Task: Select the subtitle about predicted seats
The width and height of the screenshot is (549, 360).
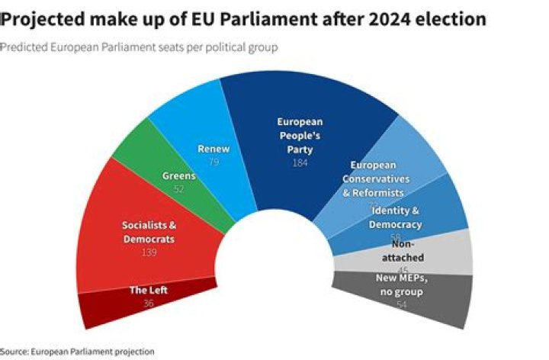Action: click(139, 47)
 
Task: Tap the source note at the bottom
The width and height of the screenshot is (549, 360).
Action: click(77, 352)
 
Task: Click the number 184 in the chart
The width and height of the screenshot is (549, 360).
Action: click(300, 162)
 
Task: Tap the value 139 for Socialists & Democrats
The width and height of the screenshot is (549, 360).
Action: click(149, 252)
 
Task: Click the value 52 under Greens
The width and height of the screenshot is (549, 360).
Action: click(179, 188)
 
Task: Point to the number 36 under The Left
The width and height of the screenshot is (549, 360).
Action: click(149, 304)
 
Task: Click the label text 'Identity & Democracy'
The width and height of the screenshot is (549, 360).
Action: click(395, 217)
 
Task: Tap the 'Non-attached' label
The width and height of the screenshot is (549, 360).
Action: click(408, 251)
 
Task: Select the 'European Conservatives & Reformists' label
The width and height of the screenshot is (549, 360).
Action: click(380, 178)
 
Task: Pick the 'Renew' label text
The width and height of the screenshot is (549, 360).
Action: click(213, 148)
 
